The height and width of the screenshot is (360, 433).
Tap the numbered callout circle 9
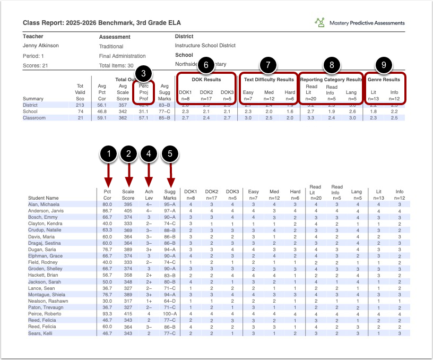[384, 65]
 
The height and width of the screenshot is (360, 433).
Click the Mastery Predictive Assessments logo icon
[320, 23]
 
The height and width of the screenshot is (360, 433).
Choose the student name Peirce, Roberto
[41, 313]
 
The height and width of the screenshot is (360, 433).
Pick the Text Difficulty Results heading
[269, 80]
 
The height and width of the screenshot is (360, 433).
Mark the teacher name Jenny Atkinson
[41, 46]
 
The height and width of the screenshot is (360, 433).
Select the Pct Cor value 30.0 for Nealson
[107, 301]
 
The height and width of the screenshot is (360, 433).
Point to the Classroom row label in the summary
[33, 118]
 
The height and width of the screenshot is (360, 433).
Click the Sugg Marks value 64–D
[170, 301]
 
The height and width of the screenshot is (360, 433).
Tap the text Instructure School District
[205, 46]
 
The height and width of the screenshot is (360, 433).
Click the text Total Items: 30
[116, 65]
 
